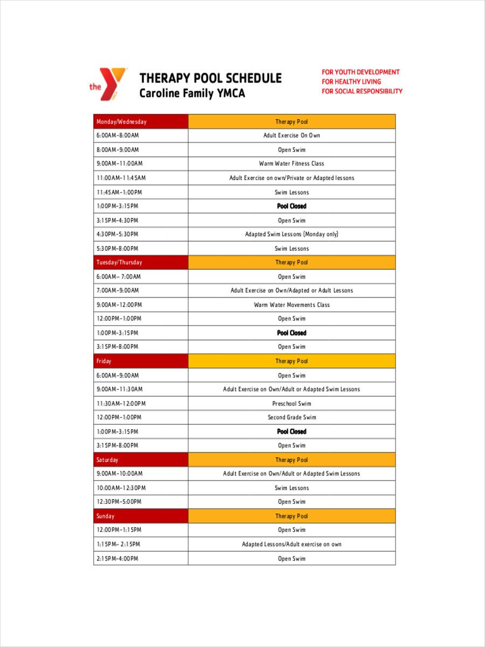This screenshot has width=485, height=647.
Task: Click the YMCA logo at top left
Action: [x=109, y=85]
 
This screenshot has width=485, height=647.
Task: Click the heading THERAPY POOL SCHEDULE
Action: [x=210, y=78]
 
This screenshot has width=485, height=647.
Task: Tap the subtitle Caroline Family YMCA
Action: [x=192, y=93]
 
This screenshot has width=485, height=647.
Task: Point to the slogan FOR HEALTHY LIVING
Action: [x=351, y=81]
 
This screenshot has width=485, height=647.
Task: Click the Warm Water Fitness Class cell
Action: [x=292, y=163]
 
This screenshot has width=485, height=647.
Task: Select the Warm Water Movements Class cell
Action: [x=292, y=305]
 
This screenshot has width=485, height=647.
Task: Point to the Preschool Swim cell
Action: [x=292, y=403]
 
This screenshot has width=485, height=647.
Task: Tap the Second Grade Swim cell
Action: [x=292, y=417]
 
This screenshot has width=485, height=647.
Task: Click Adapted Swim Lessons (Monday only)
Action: [x=292, y=235]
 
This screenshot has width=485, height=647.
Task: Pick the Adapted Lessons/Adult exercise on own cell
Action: [x=292, y=545]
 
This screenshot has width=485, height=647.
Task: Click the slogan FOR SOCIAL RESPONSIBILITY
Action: [x=362, y=91]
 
